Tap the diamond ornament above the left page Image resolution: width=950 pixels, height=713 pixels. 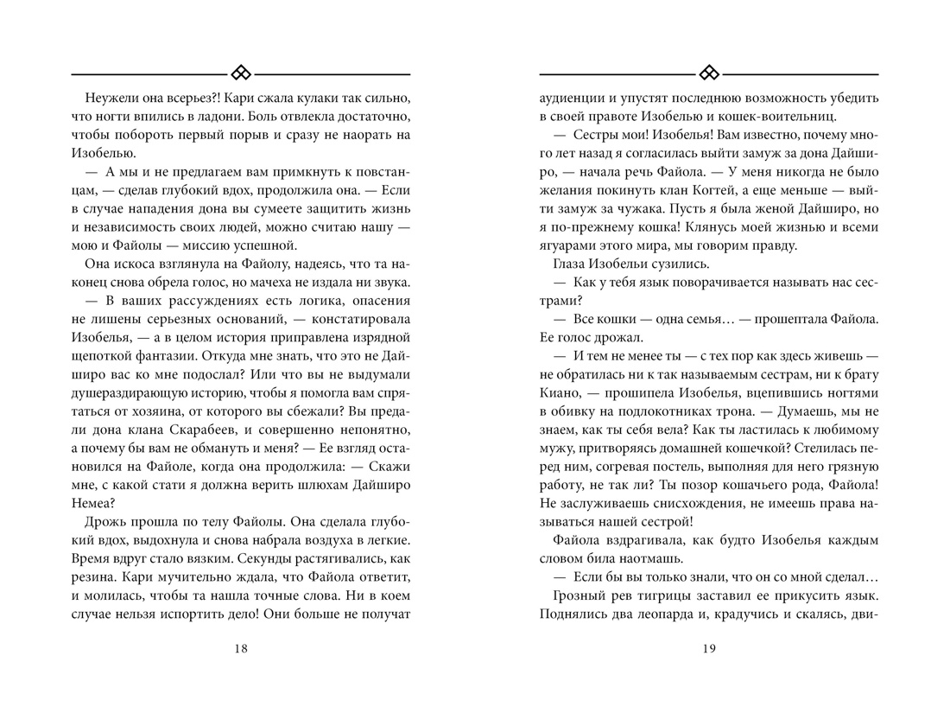241,72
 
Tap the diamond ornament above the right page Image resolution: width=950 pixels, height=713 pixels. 709,72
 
